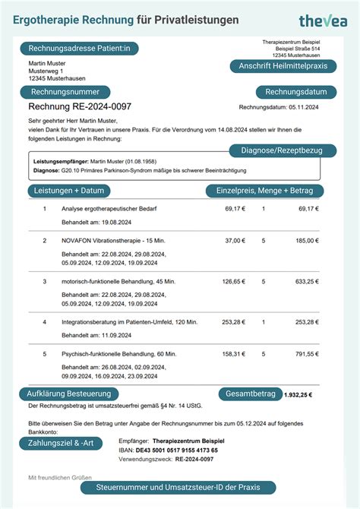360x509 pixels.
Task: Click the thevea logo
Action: pos(322,21)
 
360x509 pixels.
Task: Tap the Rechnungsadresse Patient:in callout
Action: pos(80,49)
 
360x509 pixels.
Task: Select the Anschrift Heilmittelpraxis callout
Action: pos(283,66)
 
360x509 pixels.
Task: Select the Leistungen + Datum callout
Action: pos(69,191)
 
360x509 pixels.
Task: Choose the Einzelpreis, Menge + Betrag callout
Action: pos(264,191)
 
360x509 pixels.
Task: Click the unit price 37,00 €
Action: pos(235,240)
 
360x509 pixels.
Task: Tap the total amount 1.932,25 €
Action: pos(297,395)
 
